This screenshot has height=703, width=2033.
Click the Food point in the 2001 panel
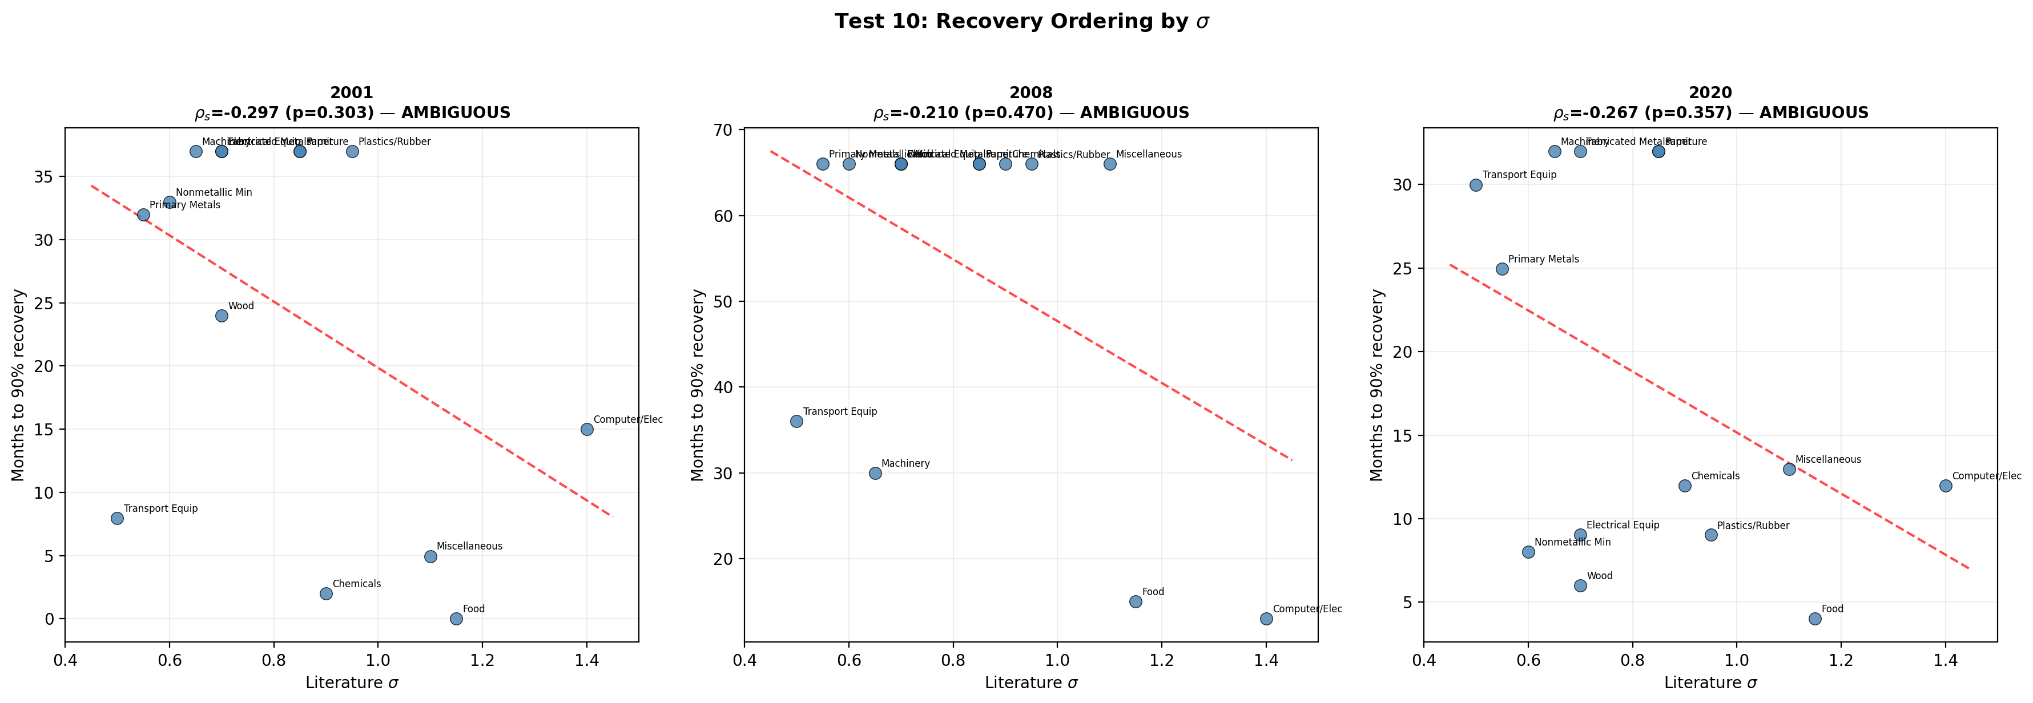456,619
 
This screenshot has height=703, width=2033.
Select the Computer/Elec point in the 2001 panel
586,429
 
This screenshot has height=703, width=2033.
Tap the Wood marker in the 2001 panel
222,316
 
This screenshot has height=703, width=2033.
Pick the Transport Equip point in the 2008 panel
796,421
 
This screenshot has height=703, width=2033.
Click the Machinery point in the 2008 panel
875,474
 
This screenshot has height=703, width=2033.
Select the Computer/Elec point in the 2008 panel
1266,619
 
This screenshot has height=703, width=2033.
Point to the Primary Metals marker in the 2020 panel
1502,269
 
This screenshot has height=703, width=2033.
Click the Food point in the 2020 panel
1815,619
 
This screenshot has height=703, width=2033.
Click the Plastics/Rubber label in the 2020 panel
1753,526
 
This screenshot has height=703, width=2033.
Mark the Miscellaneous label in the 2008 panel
1148,154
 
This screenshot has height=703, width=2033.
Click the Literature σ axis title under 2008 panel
1030,682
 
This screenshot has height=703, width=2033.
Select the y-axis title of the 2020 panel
1377,385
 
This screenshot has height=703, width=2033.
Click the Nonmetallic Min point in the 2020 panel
1528,552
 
